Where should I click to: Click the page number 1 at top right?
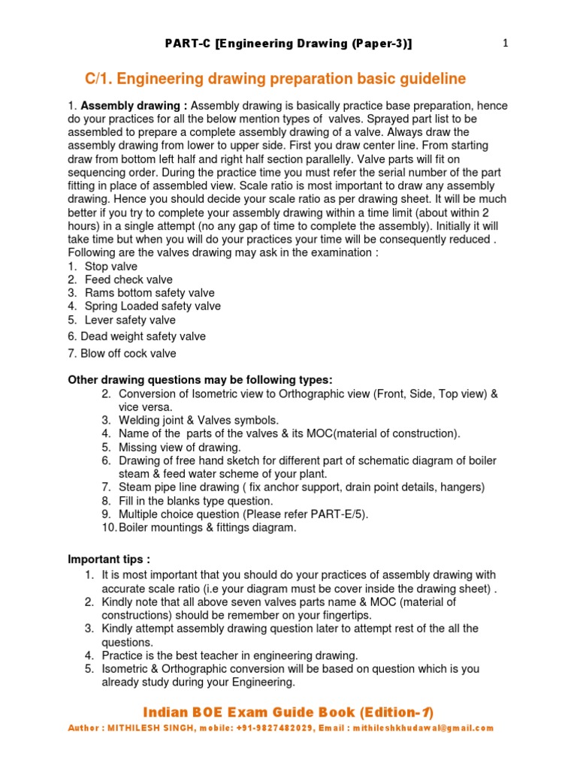(506, 44)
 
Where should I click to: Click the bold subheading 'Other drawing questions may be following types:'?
(200, 380)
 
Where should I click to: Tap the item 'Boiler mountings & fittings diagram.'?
(207, 528)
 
